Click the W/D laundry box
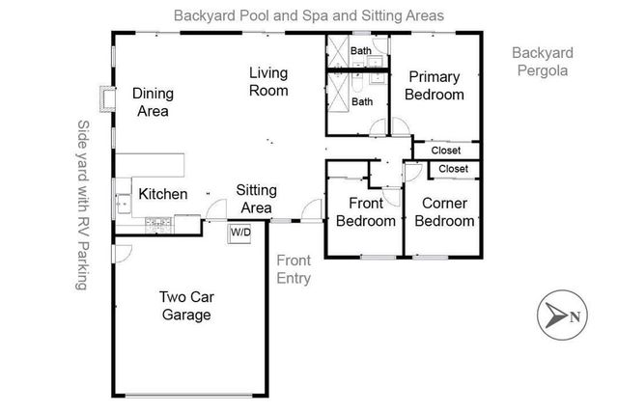click(x=239, y=233)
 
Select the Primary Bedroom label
click(x=435, y=86)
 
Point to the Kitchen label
click(x=163, y=194)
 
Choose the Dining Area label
click(x=151, y=102)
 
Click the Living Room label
click(x=268, y=81)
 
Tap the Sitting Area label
click(x=255, y=200)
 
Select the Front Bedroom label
click(x=366, y=212)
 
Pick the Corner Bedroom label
click(x=445, y=212)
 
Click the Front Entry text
click(x=294, y=269)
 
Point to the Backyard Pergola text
click(x=542, y=61)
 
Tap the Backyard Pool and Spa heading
click(x=308, y=15)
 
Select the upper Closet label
click(x=445, y=151)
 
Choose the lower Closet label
click(x=453, y=169)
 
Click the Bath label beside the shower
click(x=362, y=101)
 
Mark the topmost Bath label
click(x=361, y=50)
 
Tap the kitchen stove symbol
click(x=155, y=225)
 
